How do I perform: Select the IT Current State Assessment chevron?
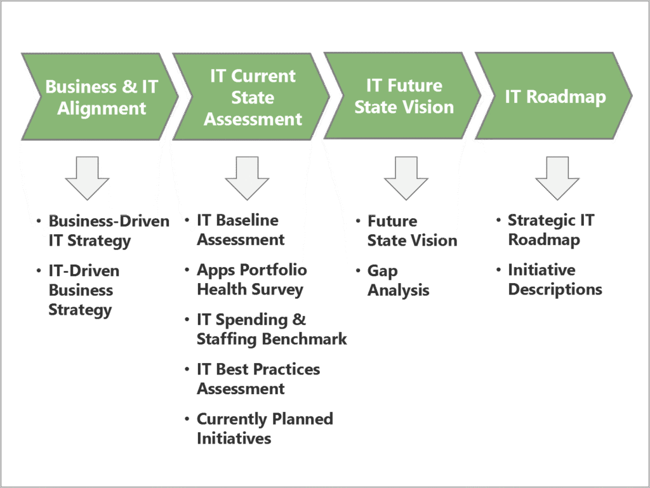[x=252, y=96]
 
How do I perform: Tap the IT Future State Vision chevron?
[x=404, y=96]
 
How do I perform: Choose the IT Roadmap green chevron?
[x=555, y=96]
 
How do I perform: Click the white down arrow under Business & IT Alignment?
[x=88, y=178]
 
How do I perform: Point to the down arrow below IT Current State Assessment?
[x=247, y=178]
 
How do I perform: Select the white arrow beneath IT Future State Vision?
[x=406, y=178]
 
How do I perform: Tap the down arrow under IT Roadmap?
[x=557, y=178]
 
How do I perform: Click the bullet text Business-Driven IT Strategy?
[x=108, y=231]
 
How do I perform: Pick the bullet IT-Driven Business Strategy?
[x=83, y=290]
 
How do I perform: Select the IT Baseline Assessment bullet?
[x=240, y=230]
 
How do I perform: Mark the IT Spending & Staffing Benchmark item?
[x=271, y=329]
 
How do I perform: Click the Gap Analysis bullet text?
[x=398, y=280]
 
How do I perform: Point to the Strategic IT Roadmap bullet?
[x=550, y=230]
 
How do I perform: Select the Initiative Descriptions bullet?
[x=554, y=280]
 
